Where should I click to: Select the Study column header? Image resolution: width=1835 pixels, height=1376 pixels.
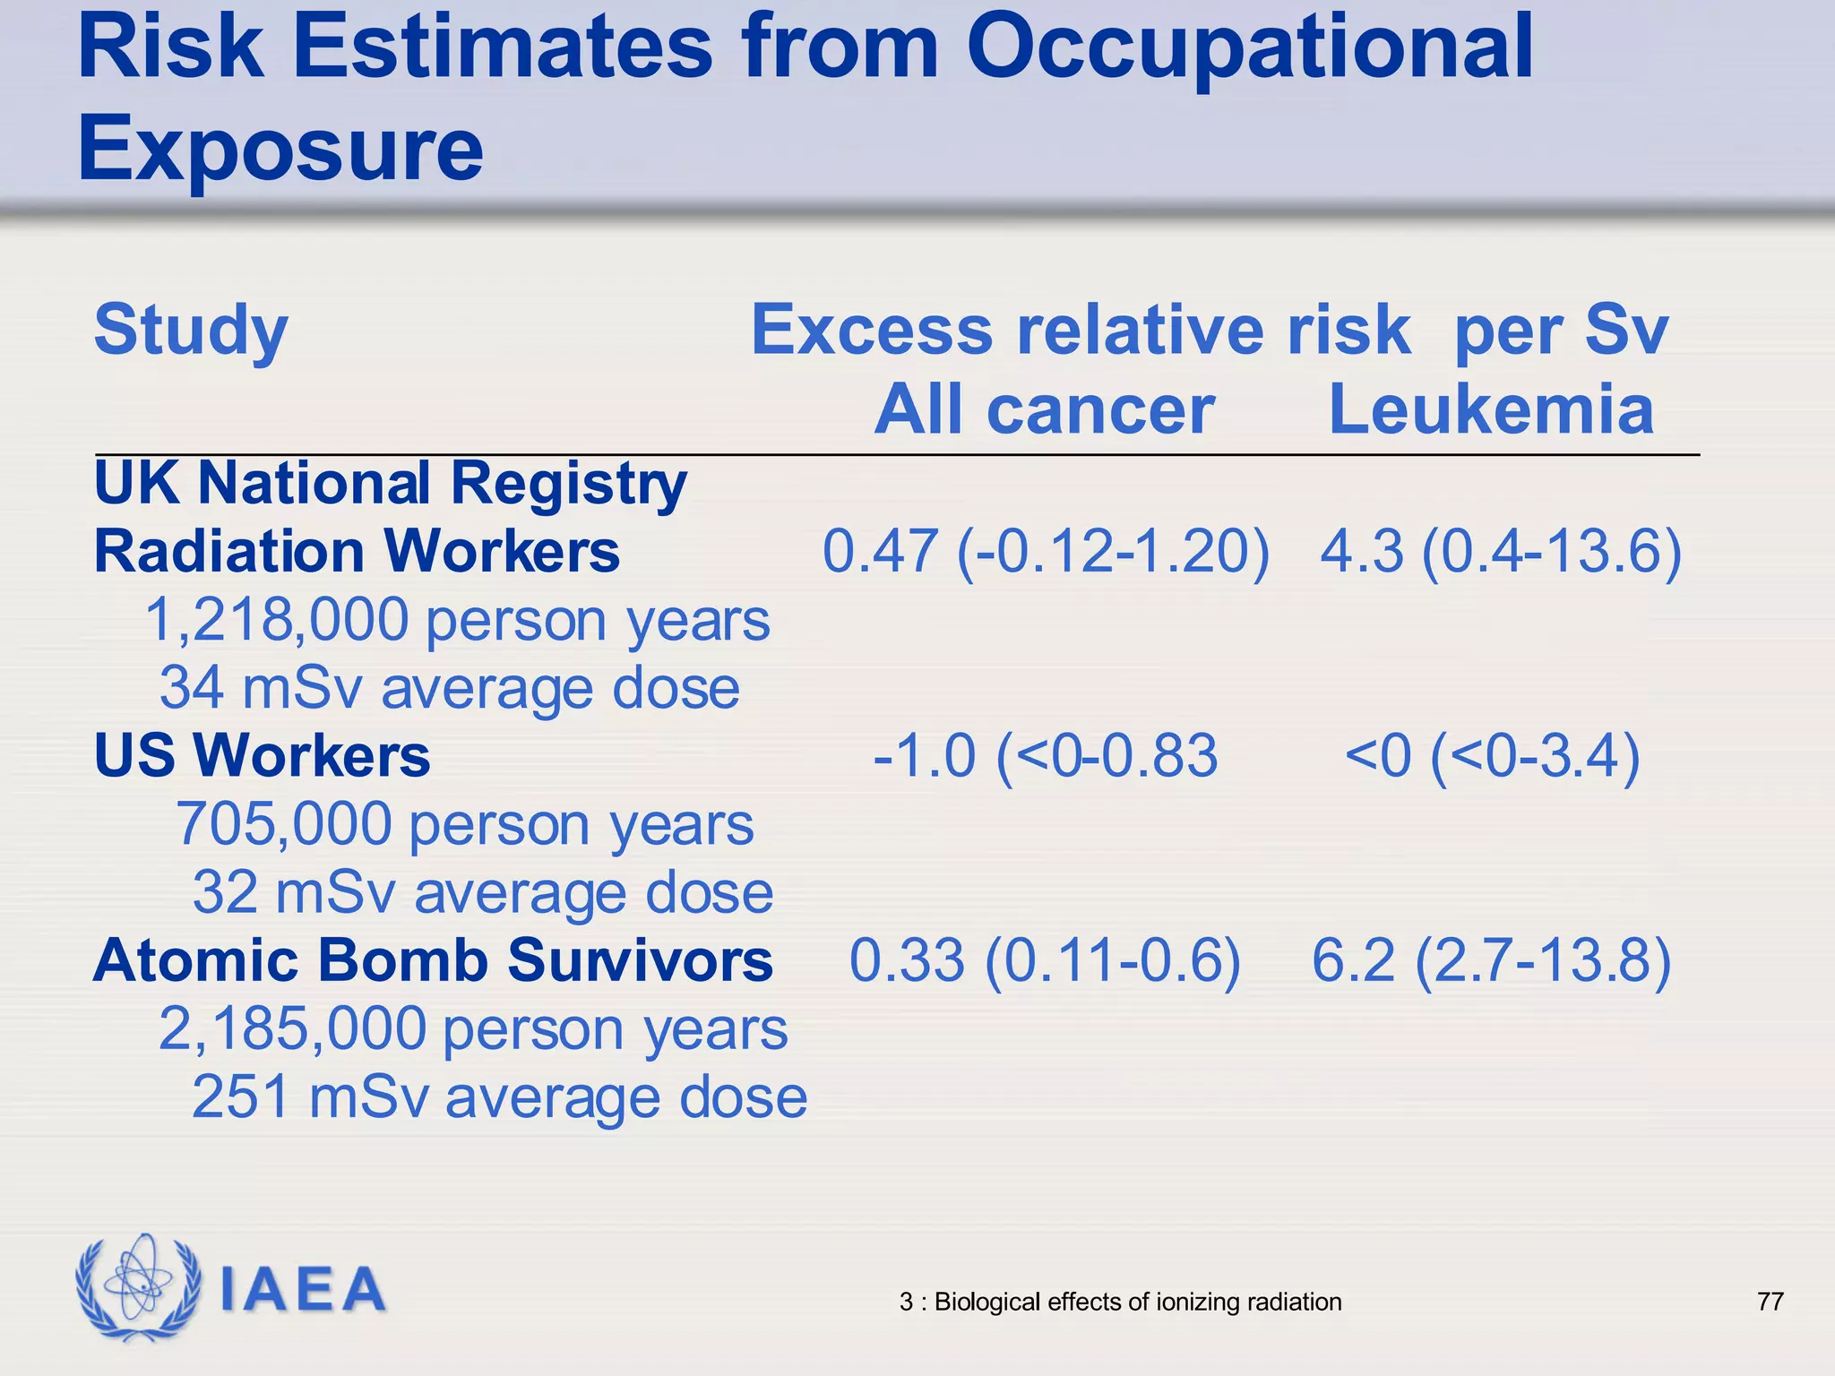pos(191,330)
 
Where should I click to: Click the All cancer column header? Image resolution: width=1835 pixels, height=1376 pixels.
pos(1044,409)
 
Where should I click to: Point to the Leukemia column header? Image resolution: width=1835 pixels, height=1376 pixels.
pos(1490,409)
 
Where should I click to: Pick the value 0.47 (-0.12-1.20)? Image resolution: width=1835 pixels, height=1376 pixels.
pos(1046,550)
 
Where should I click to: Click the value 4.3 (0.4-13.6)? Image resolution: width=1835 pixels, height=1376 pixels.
pos(1501,550)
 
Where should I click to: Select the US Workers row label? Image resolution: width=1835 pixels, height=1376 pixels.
pos(262,755)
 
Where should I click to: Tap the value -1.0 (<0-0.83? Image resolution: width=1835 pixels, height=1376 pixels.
pos(1045,755)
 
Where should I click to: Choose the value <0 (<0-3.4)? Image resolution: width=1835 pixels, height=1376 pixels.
pos(1492,755)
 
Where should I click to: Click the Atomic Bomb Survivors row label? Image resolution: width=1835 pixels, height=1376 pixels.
pos(433,960)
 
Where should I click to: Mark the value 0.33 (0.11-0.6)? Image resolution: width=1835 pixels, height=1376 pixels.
pos(1045,960)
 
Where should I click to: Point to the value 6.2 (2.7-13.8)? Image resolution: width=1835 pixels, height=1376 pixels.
pos(1492,960)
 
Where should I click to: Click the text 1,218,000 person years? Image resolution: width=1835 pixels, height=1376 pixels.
pos(457,620)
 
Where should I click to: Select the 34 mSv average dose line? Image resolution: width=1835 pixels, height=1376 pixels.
pos(450,688)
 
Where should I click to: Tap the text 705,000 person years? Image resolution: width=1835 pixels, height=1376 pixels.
pos(464,824)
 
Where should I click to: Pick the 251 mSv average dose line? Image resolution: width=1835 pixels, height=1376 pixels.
pos(499,1097)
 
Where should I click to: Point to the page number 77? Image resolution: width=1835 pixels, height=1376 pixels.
pos(1770,1301)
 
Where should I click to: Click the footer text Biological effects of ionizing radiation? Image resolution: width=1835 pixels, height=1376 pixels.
pos(1137,1302)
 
